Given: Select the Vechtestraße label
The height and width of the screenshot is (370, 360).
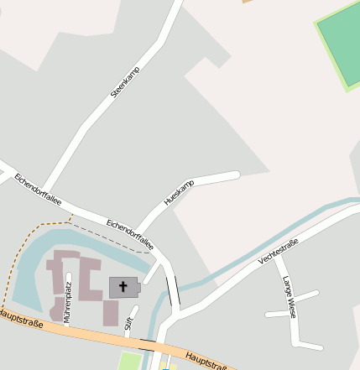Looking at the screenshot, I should (x=279, y=249).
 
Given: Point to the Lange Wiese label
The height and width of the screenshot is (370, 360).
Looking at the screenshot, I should (x=289, y=297).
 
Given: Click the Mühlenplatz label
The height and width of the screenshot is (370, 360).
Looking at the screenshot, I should (x=68, y=294).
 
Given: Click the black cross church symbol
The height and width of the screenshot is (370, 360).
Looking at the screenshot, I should (x=123, y=287).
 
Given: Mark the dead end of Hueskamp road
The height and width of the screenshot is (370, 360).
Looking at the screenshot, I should (x=237, y=175).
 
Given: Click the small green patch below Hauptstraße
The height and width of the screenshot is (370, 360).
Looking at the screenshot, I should (x=129, y=362).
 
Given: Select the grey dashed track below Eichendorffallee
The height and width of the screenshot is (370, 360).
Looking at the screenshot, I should (x=109, y=238).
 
